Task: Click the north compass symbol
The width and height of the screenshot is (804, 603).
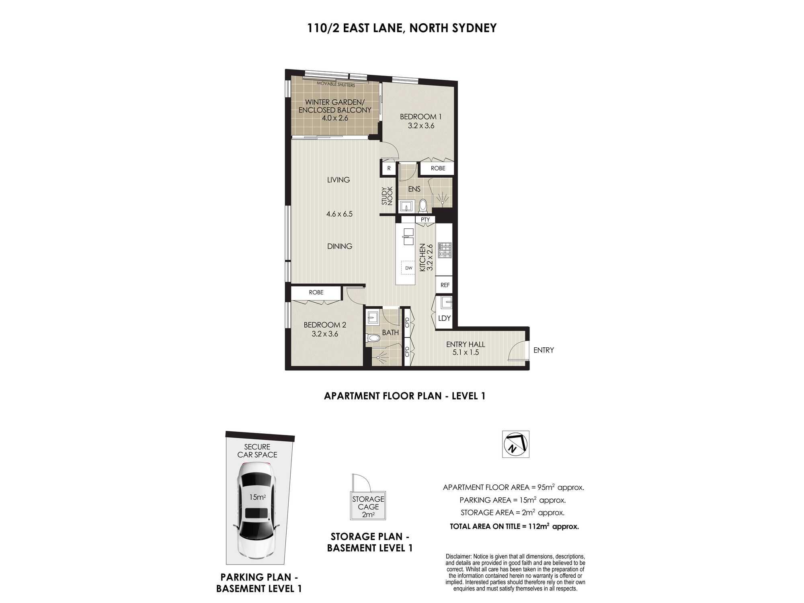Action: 516,444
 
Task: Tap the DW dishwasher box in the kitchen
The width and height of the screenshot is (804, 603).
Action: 408,268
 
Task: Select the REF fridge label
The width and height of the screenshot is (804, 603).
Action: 445,285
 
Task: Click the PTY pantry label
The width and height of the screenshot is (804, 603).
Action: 425,219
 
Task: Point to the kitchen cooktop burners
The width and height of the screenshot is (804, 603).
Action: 445,250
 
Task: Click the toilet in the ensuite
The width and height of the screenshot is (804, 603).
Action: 423,206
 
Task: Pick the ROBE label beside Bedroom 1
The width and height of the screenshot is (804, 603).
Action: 438,168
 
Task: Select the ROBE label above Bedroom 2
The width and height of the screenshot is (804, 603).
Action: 316,292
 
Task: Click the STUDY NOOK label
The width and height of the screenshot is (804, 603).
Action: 387,196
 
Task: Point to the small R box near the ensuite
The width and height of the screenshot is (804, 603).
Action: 389,168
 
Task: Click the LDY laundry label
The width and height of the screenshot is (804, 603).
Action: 444,318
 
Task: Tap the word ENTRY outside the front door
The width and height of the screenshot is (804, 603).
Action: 544,350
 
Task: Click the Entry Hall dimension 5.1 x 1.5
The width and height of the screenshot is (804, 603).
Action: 466,353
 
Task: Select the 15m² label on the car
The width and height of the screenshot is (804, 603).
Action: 257,497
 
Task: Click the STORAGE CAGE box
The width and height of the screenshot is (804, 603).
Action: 368,505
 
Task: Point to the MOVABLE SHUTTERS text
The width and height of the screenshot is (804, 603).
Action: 336,84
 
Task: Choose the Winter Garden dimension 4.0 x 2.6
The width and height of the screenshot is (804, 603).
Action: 335,118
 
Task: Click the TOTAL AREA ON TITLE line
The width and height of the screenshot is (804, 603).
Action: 515,526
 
